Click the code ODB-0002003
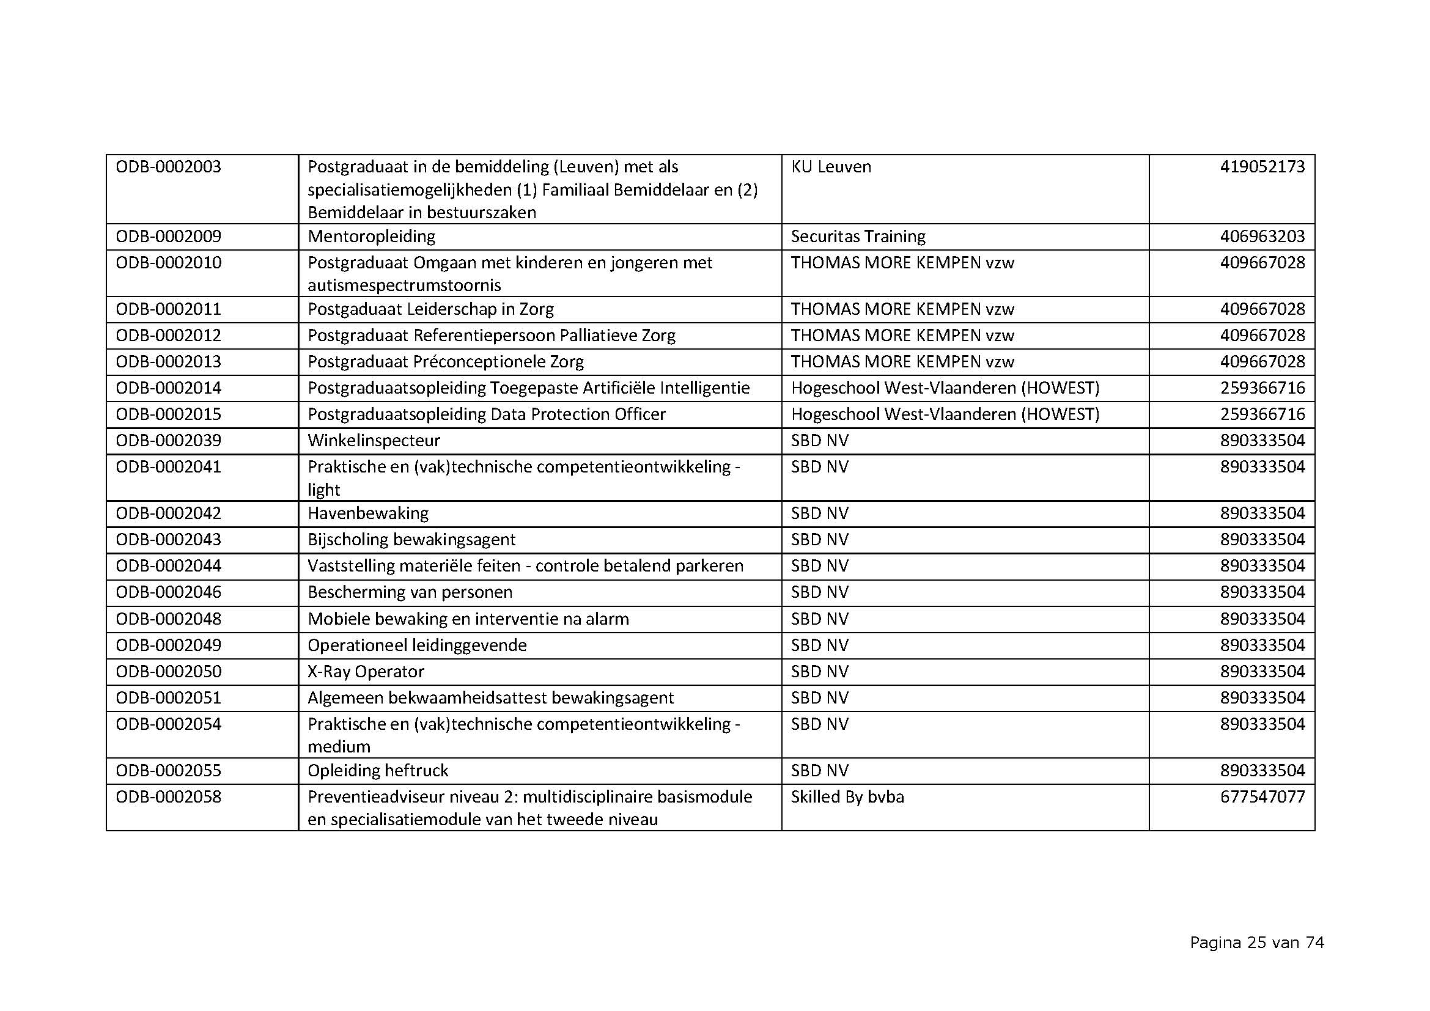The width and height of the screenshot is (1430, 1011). pos(168,167)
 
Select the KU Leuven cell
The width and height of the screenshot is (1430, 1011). pos(831,167)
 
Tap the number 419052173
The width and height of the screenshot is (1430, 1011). pos(1262,167)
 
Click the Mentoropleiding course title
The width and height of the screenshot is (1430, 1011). pos(371,237)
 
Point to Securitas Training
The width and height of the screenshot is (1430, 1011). pos(858,237)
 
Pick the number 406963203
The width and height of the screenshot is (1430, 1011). pos(1262,237)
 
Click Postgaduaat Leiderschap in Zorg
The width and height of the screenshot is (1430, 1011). pos(430,309)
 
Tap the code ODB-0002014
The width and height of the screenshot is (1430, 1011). pos(168,388)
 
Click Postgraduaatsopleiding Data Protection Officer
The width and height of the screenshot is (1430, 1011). pos(487,414)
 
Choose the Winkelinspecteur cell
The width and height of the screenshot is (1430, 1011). pos(374,441)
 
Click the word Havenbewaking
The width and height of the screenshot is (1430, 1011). pos(368,513)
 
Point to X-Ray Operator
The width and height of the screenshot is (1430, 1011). pos(366,672)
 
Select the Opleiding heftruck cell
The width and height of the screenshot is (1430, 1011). pos(377,771)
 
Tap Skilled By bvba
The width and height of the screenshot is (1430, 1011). pos(847,797)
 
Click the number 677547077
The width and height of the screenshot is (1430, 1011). pos(1262,797)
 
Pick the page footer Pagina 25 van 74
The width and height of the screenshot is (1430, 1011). pos(1256,943)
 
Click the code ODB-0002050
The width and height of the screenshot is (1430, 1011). pos(168,672)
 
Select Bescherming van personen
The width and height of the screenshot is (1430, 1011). pos(410,592)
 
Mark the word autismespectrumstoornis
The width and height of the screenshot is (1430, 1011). pos(404,285)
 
